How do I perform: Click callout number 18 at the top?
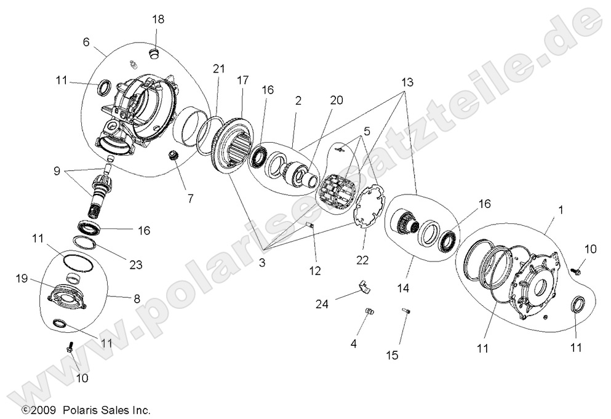[158, 19]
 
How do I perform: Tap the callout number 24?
[322, 303]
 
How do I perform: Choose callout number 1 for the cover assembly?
[561, 210]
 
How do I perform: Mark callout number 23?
[135, 265]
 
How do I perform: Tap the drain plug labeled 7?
[174, 157]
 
